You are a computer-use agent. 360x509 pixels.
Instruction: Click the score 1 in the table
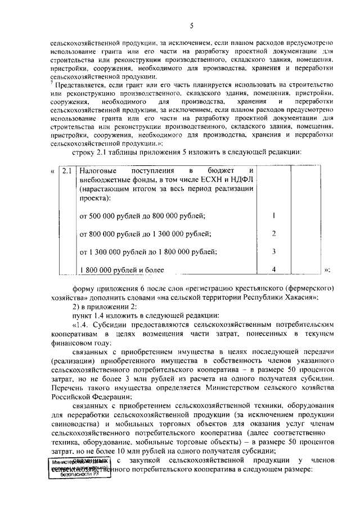[273, 215]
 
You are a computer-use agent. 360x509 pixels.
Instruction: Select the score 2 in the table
[273, 233]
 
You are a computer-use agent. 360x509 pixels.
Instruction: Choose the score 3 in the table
[273, 251]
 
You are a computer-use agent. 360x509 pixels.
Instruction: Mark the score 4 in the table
[273, 269]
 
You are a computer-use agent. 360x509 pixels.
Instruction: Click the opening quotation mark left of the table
[52, 170]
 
